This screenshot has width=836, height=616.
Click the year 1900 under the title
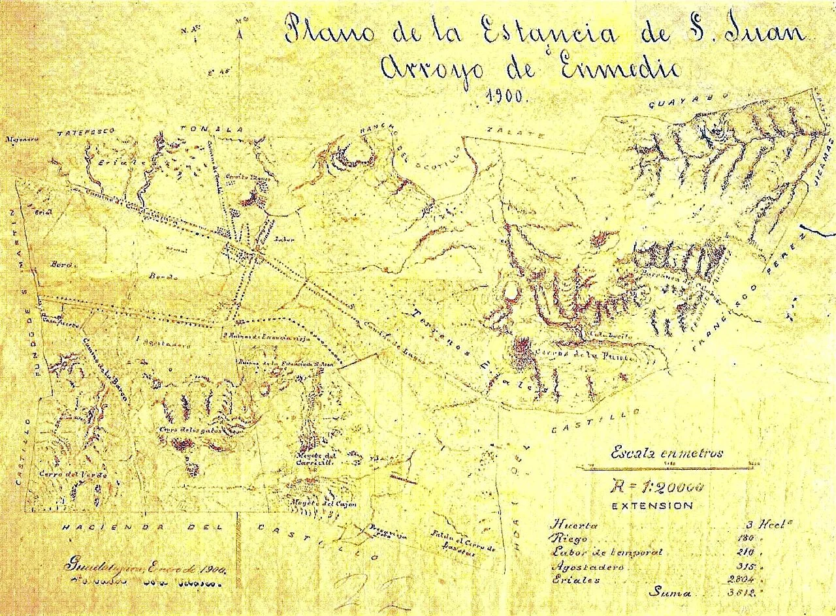[x=507, y=97]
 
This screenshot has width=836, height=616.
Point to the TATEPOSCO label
[x=85, y=131]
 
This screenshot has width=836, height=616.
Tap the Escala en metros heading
[x=666, y=454]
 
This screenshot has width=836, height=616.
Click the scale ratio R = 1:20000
[x=656, y=486]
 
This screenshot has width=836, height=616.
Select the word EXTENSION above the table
[x=652, y=506]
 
